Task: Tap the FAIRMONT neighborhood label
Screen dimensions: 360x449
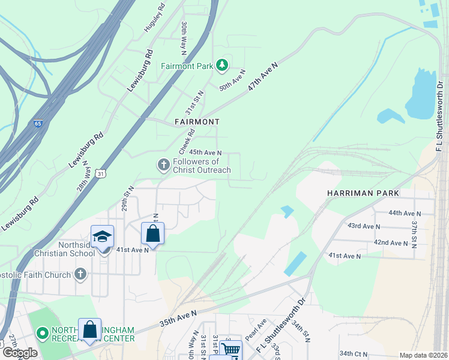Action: tap(196, 122)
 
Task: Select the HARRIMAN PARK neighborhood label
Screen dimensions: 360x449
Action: tap(363, 193)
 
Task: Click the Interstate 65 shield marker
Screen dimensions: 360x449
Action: tap(38, 124)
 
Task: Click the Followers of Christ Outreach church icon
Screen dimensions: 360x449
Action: tap(163, 165)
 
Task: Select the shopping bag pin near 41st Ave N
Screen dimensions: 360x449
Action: tap(152, 233)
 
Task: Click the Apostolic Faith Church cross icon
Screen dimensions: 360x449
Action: tap(81, 275)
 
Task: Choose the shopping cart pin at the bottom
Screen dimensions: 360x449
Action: tap(230, 350)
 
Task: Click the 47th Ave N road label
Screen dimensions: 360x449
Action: tap(264, 76)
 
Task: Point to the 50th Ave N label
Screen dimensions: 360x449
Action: tap(232, 79)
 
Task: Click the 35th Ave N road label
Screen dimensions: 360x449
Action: tap(178, 318)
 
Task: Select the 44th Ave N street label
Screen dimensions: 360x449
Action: tap(402, 213)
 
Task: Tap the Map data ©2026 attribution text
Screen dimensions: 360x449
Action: tap(423, 355)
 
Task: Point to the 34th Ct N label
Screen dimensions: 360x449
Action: tap(354, 353)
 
